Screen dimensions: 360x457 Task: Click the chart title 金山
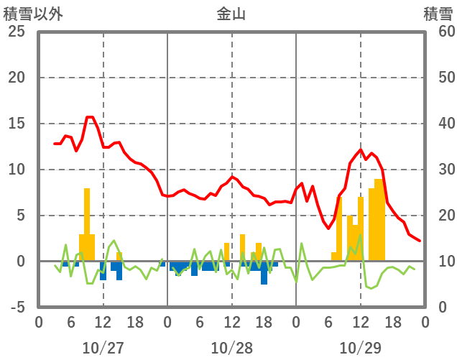(x=231, y=14)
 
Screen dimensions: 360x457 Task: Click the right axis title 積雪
(x=438, y=14)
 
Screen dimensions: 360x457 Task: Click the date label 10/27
(x=103, y=348)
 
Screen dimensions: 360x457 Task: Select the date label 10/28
(x=231, y=348)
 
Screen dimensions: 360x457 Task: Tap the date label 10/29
(x=360, y=348)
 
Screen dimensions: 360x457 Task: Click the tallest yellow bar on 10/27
(x=87, y=223)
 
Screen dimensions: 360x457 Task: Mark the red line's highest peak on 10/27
(x=90, y=116)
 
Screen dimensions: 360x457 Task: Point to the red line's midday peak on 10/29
(x=361, y=150)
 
